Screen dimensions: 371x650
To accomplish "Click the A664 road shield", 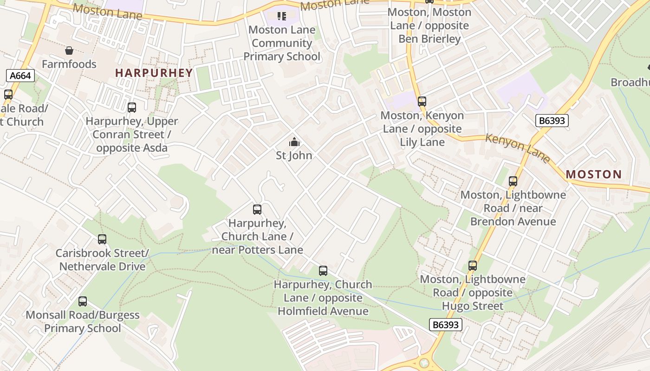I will (x=21, y=76).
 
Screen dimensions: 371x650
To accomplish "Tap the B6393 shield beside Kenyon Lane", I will (x=552, y=121).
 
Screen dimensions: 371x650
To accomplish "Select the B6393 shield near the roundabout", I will (x=445, y=325).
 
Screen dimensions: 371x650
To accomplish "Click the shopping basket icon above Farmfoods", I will (x=69, y=51).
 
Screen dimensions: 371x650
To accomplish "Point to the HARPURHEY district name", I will (x=154, y=73).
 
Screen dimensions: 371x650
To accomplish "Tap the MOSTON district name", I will (x=594, y=174).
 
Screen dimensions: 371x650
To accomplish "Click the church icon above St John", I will (x=294, y=142).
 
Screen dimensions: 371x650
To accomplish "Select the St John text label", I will (x=294, y=155).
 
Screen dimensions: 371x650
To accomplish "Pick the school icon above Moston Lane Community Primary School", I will (x=282, y=16).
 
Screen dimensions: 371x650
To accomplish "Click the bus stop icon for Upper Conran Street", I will (x=132, y=108).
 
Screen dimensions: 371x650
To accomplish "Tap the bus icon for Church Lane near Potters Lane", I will (x=257, y=210).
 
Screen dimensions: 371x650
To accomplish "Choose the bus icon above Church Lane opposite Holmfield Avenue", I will (x=323, y=271).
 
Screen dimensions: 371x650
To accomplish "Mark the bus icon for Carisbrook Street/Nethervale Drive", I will (x=102, y=239).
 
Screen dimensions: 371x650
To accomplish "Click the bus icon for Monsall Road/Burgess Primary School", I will (x=83, y=301).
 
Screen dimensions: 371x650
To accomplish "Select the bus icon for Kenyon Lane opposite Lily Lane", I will (x=422, y=101).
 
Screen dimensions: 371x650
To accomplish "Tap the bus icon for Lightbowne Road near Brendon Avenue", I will (x=513, y=181).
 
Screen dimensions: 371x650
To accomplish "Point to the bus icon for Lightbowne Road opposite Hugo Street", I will (x=473, y=266).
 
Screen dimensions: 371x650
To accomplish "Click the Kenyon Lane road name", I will (x=518, y=147).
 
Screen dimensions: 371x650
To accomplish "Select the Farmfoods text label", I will (x=69, y=64).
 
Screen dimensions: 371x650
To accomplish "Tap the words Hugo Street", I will (x=473, y=306).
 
